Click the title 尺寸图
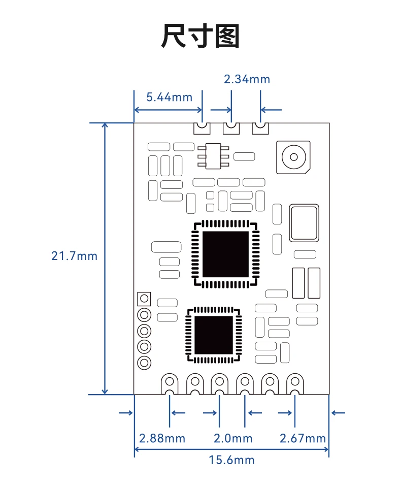point(200,37)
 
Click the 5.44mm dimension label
point(170,96)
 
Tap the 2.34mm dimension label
point(247,79)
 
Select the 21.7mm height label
point(74,255)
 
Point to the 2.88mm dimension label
point(162,438)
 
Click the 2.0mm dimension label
point(232,438)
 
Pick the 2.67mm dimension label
point(303,438)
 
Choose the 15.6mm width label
point(231,460)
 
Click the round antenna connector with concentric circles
point(293,156)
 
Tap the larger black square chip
point(225,254)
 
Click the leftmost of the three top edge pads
point(202,128)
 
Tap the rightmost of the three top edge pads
point(260,128)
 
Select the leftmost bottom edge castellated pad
point(169,384)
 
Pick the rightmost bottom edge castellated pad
point(294,384)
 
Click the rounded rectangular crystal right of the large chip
point(304,223)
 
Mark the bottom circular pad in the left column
point(144,363)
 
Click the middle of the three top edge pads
point(231,128)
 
